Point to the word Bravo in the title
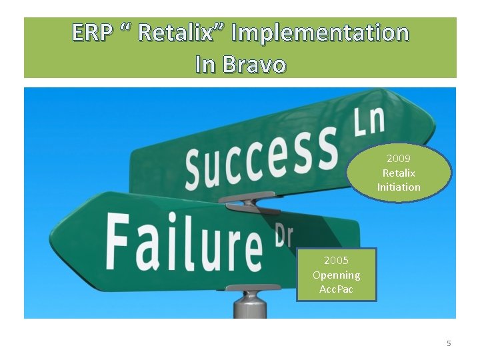click(255, 65)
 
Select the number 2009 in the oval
click(399, 159)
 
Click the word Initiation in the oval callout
click(399, 187)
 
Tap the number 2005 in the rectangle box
click(336, 261)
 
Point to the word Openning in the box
click(336, 275)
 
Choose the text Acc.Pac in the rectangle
click(336, 289)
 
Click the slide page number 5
click(449, 343)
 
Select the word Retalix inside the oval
click(399, 173)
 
